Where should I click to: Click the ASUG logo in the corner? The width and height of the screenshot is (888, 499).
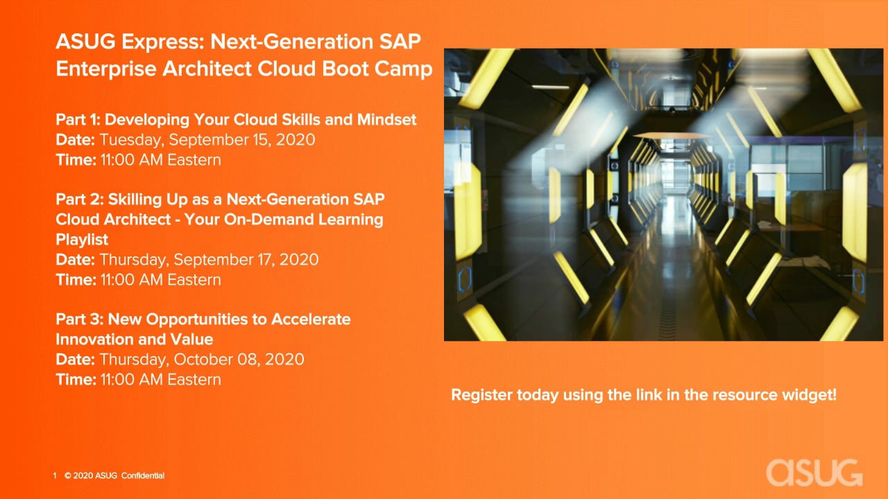point(814,473)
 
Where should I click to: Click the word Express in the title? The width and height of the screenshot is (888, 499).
point(162,42)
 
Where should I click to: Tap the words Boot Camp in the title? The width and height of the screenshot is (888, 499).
point(377,69)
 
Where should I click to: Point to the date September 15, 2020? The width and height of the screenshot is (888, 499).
point(242,140)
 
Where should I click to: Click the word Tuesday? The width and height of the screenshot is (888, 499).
point(131,140)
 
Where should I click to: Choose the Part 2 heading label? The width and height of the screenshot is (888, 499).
point(79,199)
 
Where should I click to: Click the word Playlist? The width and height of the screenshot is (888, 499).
point(82,240)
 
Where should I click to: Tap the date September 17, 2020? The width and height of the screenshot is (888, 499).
point(246,260)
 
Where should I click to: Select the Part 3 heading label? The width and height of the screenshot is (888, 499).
point(79,319)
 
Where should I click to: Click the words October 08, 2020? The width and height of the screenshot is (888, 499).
point(239,360)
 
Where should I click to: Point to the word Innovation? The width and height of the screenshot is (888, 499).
point(106,340)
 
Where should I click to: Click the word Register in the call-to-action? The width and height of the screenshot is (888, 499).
point(481,395)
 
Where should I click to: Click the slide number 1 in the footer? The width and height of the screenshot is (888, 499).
point(55,475)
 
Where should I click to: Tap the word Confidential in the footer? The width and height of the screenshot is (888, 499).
point(143,475)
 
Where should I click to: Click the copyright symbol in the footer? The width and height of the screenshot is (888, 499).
point(68,475)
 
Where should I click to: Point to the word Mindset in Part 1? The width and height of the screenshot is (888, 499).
point(386,120)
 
